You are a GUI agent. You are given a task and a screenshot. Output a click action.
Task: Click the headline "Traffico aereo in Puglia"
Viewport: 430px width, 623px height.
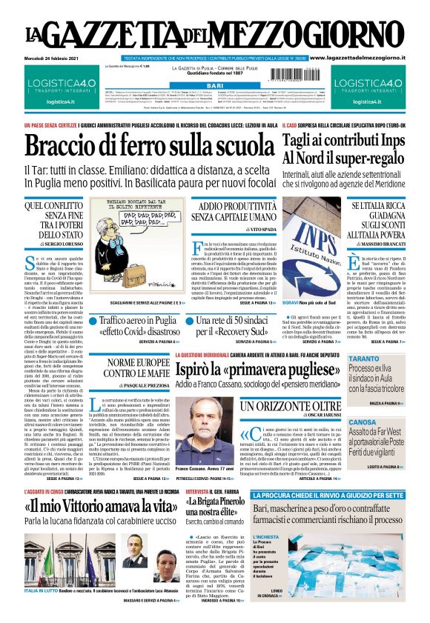(141, 322)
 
